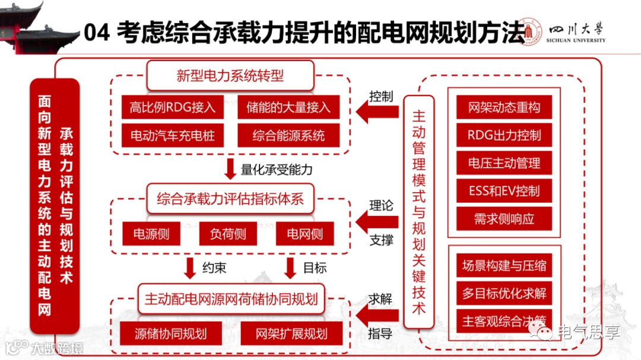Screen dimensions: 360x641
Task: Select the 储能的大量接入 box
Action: pos(288,108)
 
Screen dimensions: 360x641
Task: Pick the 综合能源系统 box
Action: pos(288,136)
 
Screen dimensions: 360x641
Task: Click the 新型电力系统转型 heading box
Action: pos(230,75)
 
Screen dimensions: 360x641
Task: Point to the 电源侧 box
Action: pos(151,234)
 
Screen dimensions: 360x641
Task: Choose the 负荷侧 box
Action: pos(228,234)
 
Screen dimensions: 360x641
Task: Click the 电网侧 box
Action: pos(304,234)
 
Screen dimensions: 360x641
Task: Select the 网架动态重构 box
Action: pos(504,107)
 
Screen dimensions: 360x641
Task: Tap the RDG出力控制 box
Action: pos(504,135)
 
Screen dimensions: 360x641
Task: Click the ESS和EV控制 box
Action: pos(504,191)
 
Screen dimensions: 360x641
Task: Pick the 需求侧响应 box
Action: pos(504,219)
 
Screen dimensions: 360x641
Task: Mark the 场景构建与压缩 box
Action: pos(504,265)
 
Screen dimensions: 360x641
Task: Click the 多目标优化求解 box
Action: pos(504,293)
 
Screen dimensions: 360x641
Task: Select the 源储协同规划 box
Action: pos(170,333)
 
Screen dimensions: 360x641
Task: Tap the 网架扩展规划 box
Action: pos(291,333)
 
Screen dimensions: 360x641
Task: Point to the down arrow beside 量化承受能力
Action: pos(230,170)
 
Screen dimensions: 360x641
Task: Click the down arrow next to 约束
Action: pos(190,268)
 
